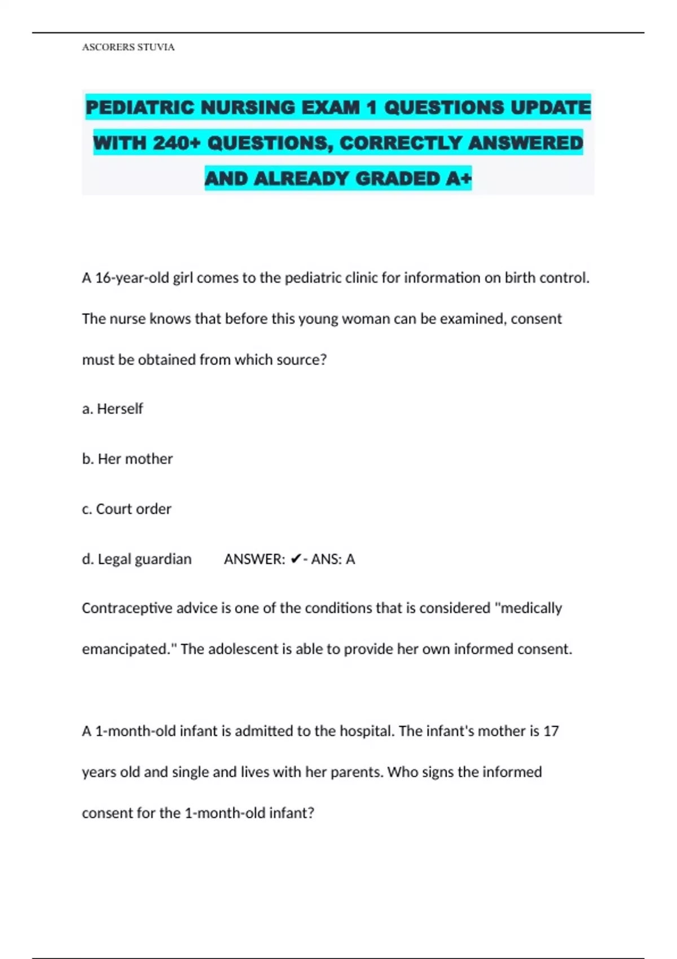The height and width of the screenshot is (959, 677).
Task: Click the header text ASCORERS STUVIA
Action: point(128,47)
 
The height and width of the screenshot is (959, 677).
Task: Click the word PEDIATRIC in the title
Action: point(140,107)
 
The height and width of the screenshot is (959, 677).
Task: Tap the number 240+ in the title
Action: point(177,143)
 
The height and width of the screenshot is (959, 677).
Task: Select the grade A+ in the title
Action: point(458,178)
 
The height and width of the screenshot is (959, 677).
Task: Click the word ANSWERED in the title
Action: point(525,143)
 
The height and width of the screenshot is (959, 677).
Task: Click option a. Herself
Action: point(112,408)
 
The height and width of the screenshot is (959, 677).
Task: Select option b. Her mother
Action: point(127,459)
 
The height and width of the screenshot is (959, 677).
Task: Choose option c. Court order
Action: point(126,509)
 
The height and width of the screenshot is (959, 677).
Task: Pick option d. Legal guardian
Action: point(137,559)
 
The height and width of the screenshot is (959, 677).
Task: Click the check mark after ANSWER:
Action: point(296,559)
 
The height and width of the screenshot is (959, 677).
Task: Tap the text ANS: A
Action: point(333,559)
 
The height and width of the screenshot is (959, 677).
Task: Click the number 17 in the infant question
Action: point(551,731)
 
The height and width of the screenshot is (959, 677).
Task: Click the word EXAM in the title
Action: point(331,107)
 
